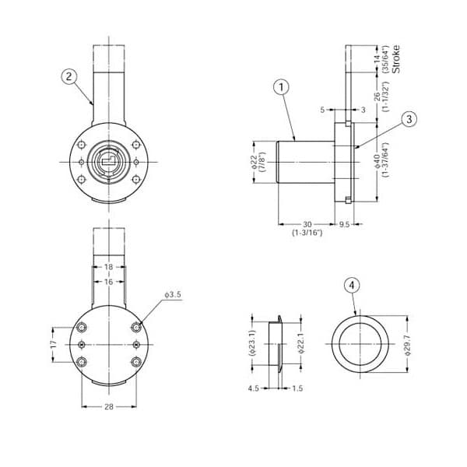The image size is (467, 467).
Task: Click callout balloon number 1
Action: [281, 87]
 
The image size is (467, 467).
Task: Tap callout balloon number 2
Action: [69, 76]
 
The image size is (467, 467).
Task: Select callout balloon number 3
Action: [409, 119]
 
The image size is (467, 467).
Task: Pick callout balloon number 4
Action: [352, 286]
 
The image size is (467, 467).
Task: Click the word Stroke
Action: [396, 59]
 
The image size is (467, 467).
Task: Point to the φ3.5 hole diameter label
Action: [173, 294]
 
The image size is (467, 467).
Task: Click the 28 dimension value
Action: [109, 406]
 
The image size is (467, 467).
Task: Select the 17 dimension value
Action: [54, 345]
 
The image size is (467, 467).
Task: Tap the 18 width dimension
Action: [109, 267]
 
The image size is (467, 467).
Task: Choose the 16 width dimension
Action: [109, 282]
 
